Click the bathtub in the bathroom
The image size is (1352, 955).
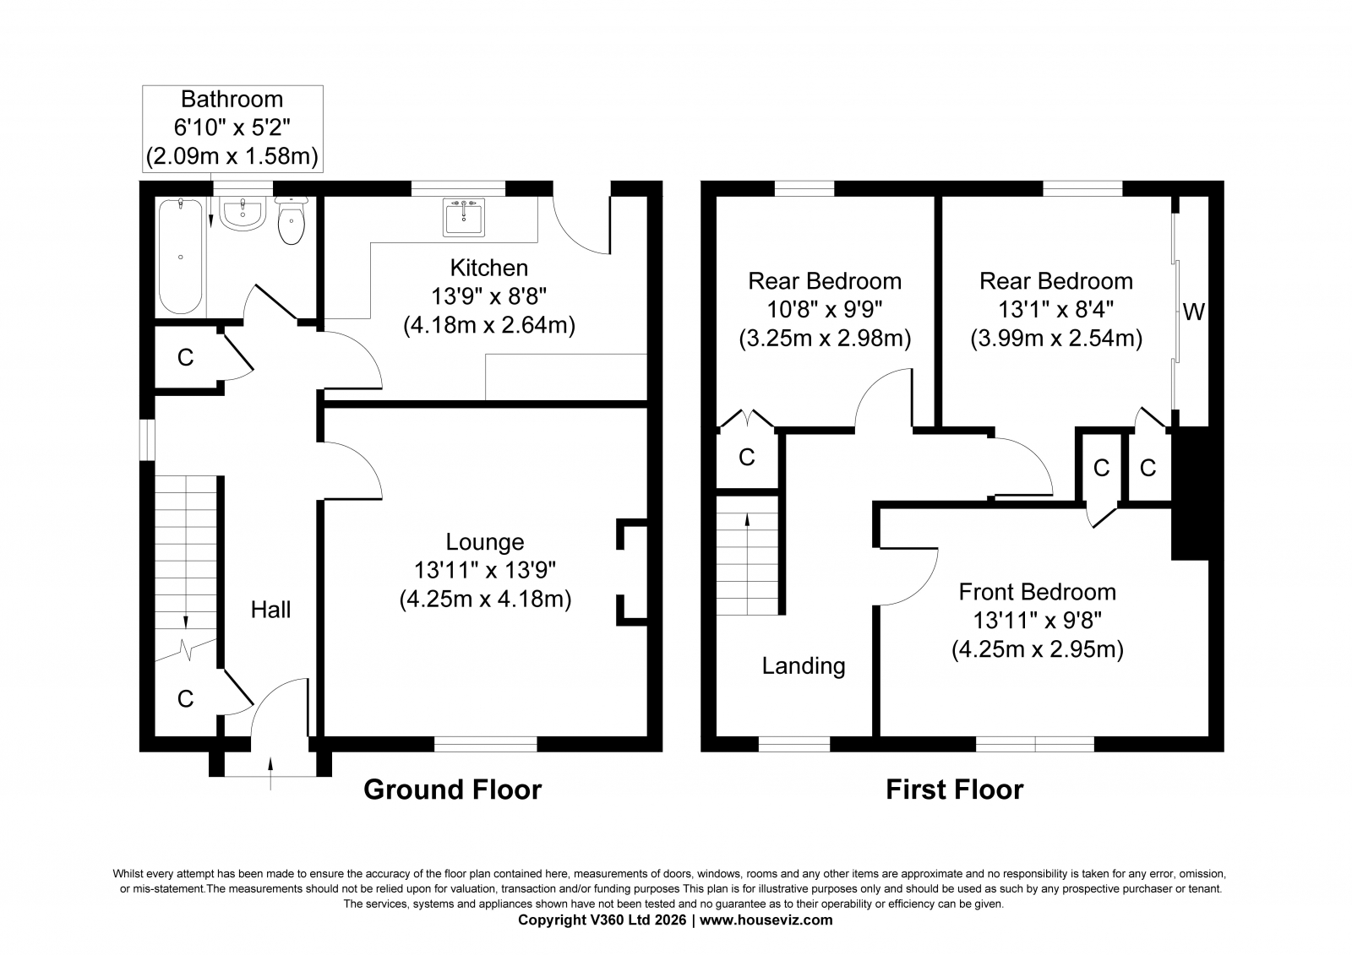coord(181,257)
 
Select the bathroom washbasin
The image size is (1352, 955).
coord(242,214)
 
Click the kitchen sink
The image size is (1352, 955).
coord(464,216)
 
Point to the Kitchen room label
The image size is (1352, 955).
coord(489,268)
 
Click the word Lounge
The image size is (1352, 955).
coord(485,542)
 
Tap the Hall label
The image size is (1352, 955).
coord(270,610)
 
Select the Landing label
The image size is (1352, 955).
coord(804,666)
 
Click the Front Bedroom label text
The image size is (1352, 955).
coord(1038,592)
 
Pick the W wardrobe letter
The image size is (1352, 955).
coord(1193,312)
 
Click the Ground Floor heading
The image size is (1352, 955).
coord(453,790)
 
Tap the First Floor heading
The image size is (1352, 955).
coord(955,790)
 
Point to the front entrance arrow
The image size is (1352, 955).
coord(270,773)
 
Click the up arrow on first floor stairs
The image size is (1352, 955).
coord(747,563)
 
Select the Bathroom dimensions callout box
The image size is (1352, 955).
coord(232,128)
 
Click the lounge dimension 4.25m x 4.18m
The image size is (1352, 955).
coord(485,600)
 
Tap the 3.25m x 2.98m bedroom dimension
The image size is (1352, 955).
coord(825,339)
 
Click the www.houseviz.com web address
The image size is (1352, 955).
coord(766,920)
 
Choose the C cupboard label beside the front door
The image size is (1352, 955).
coord(185,698)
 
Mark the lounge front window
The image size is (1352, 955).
coord(485,745)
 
